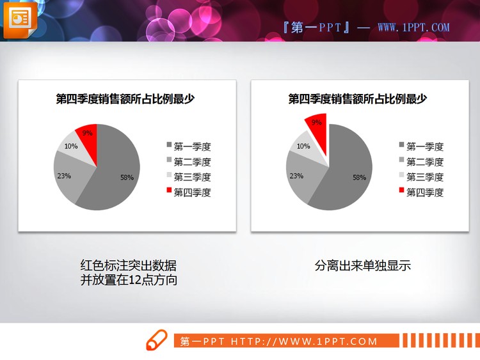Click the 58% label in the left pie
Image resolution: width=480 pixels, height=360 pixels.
(127, 177)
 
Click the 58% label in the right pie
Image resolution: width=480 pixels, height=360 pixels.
(359, 177)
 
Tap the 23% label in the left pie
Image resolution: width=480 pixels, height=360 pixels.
(64, 175)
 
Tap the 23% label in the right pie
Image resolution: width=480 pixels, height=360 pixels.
(296, 175)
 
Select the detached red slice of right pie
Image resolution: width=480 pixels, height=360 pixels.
(317, 125)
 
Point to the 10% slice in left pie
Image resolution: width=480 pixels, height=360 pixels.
(71, 146)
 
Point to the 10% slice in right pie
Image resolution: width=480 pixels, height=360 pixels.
(303, 146)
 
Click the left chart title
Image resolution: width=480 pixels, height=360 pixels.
(125, 98)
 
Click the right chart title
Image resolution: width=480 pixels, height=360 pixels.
(357, 98)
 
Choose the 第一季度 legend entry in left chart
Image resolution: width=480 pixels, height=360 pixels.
(192, 146)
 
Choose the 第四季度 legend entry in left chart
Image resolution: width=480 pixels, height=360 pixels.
(192, 192)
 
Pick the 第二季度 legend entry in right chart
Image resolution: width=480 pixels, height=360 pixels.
(424, 162)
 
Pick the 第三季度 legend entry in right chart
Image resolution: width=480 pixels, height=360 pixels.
(424, 177)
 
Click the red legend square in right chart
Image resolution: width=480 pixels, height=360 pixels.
(402, 191)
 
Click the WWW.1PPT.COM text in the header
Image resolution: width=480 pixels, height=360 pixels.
(413, 27)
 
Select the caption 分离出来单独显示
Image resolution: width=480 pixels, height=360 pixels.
(362, 265)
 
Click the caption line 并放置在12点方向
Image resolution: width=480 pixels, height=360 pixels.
(129, 280)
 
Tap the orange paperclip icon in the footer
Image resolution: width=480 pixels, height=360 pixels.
(157, 341)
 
